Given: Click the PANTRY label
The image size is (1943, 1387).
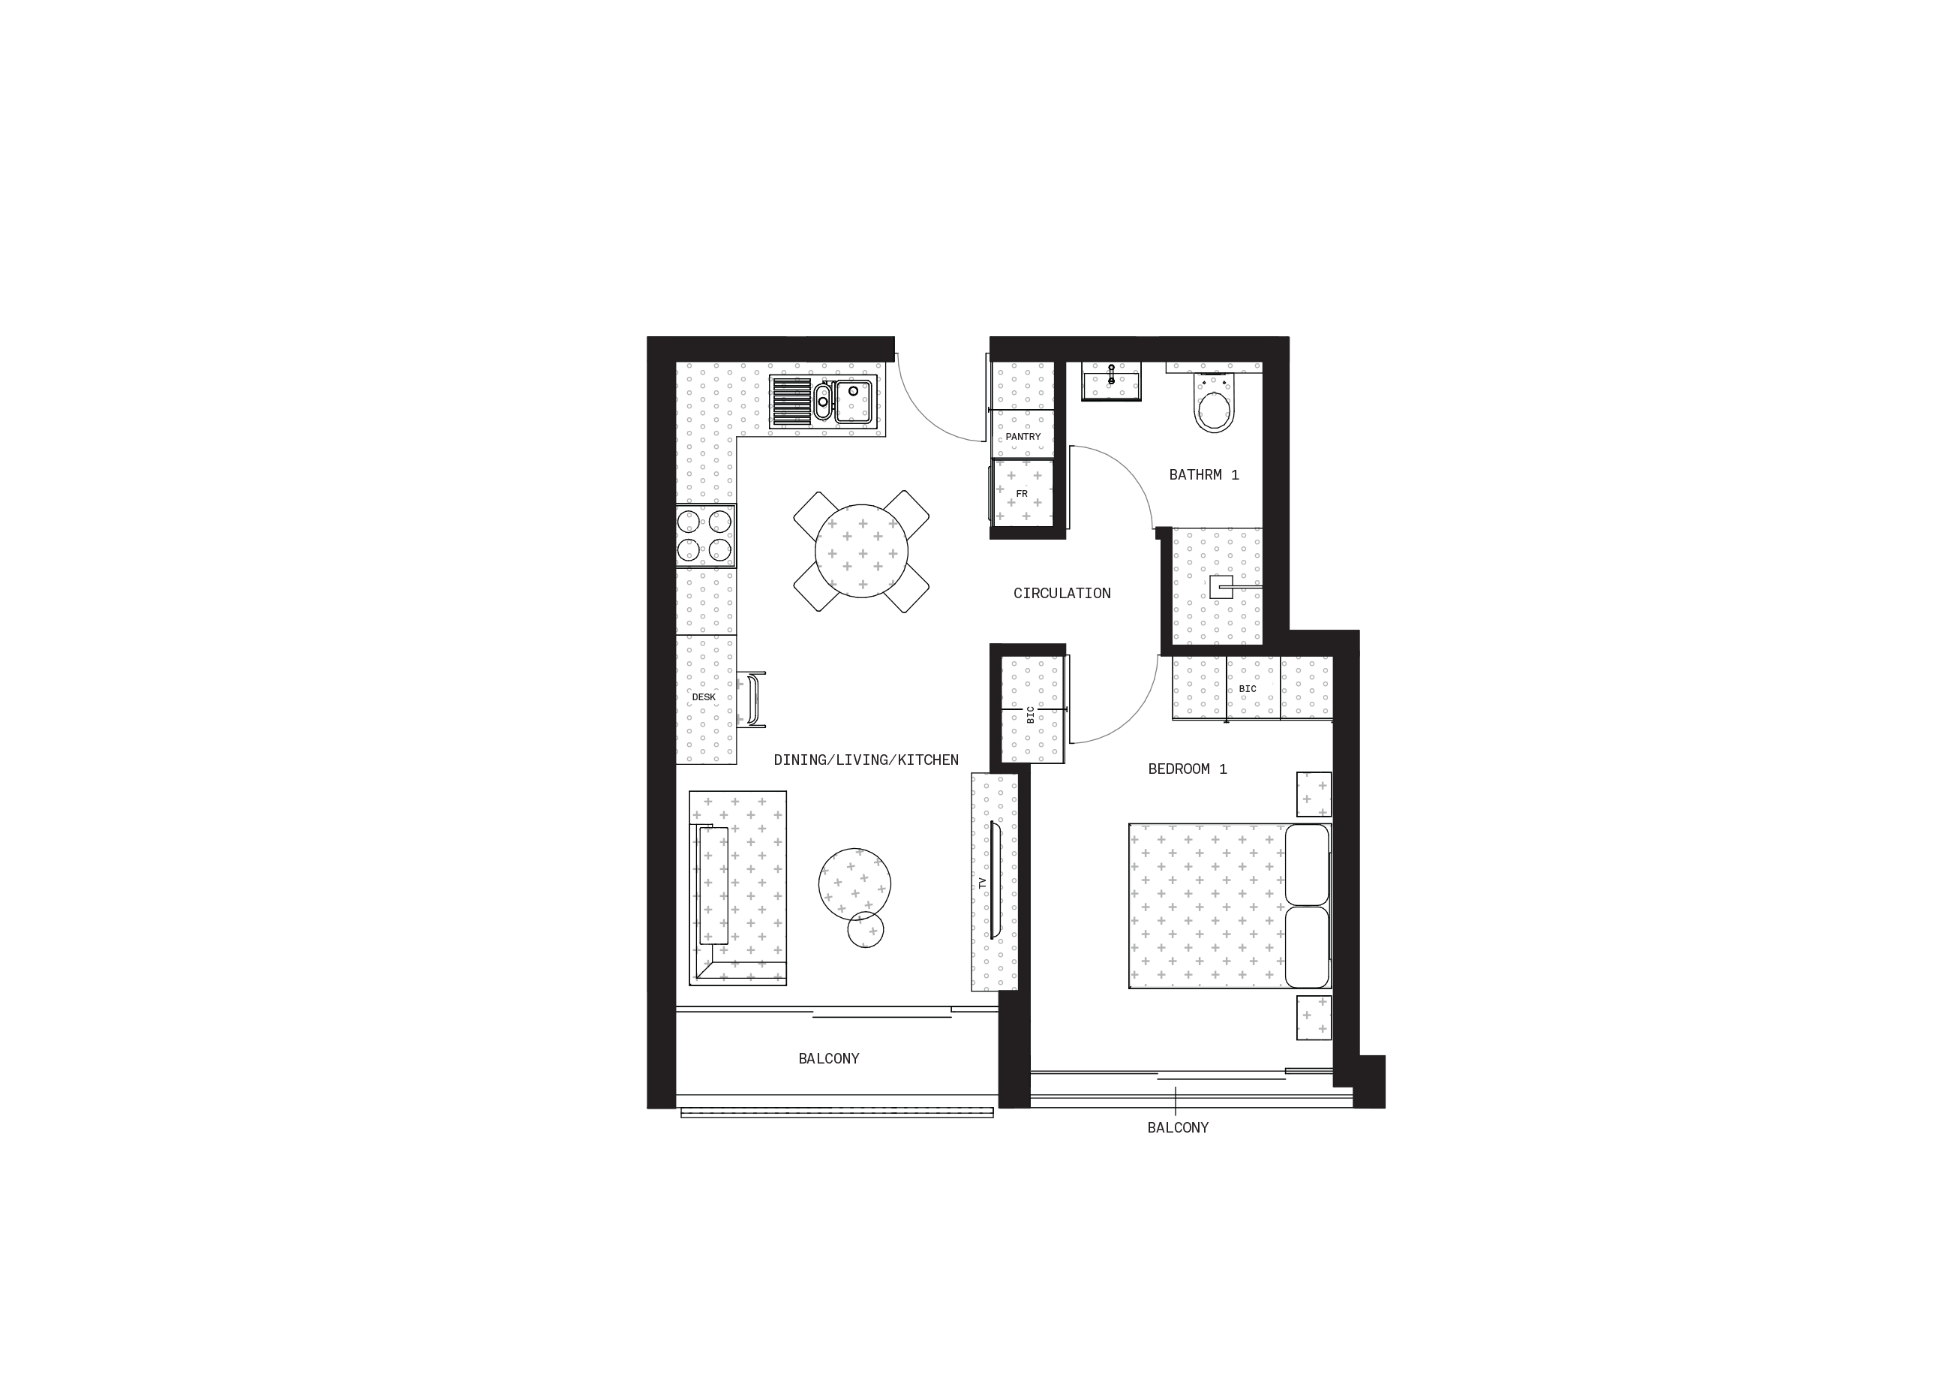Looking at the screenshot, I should [x=1023, y=436].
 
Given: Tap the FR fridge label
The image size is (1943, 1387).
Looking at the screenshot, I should [x=1022, y=494].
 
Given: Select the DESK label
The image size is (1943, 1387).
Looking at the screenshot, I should [x=704, y=697].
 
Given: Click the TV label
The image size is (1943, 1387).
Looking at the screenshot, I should [x=983, y=880].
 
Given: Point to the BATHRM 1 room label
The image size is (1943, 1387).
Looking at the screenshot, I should [x=1204, y=475].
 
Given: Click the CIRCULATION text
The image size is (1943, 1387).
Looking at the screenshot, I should [x=1062, y=593].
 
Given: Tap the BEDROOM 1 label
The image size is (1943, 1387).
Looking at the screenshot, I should [x=1188, y=769].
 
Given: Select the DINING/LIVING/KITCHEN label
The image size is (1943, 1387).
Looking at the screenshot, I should [x=866, y=760].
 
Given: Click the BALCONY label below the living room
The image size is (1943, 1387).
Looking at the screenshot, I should [x=829, y=1058].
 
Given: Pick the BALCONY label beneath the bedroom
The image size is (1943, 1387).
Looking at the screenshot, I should [x=1178, y=1127].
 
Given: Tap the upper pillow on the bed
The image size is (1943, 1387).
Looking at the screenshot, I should [x=1307, y=865].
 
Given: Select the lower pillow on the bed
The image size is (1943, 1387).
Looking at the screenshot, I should [x=1307, y=946].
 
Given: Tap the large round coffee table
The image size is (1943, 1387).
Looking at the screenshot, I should [x=854, y=885].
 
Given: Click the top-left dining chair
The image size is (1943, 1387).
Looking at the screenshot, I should [x=812, y=510].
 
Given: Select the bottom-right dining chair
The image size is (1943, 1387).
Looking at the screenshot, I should [x=910, y=593].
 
